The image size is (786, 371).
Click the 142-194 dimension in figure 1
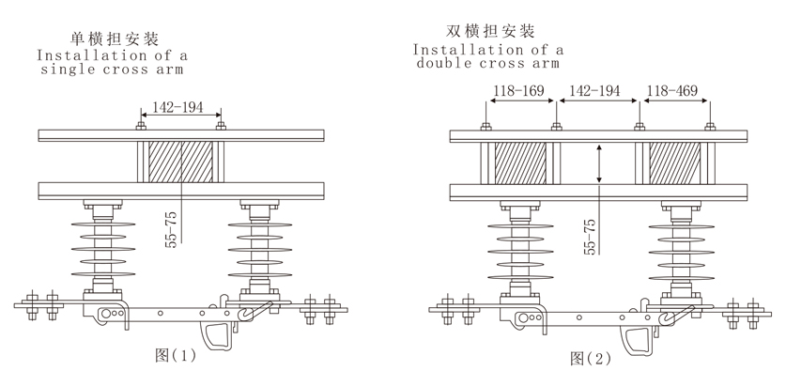pyautogui.click(x=177, y=107)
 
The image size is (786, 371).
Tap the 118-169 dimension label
pyautogui.click(x=518, y=91)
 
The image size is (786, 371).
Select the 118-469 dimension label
pyautogui.click(x=671, y=91)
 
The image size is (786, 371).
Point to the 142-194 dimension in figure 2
pyautogui.click(x=595, y=91)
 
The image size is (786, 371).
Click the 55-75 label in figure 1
pyautogui.click(x=172, y=230)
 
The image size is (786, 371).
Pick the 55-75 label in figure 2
pyautogui.click(x=590, y=237)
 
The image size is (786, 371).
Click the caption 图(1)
pyautogui.click(x=176, y=355)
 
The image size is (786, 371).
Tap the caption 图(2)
pyautogui.click(x=591, y=358)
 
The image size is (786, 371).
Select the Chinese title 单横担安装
pyautogui.click(x=115, y=39)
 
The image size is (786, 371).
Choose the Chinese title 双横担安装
pyautogui.click(x=490, y=31)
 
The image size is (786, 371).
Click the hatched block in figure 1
pyautogui.click(x=180, y=162)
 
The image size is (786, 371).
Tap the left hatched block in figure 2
pyautogui.click(x=520, y=163)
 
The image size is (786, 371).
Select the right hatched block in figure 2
pyautogui.click(x=674, y=163)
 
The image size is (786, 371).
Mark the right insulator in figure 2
pyautogui.click(x=681, y=252)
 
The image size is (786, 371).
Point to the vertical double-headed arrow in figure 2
pyautogui.click(x=599, y=163)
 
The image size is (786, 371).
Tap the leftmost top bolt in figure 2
pyautogui.click(x=485, y=127)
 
